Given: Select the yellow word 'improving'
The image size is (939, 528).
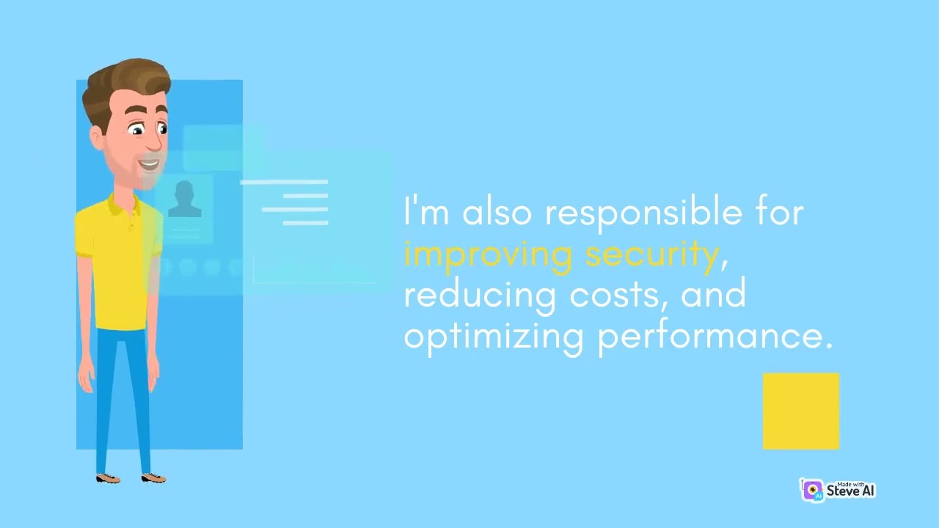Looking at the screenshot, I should click(x=487, y=254).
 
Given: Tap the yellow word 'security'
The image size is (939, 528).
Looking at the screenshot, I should click(x=651, y=254).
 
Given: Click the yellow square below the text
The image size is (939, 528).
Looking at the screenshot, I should click(x=800, y=411).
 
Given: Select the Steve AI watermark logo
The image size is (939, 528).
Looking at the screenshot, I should click(x=838, y=490).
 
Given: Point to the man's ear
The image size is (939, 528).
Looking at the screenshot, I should click(x=96, y=136).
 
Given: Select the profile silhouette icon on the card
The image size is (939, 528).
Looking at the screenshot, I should click(x=184, y=199).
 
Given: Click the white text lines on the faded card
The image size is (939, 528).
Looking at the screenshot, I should click(x=293, y=202).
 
